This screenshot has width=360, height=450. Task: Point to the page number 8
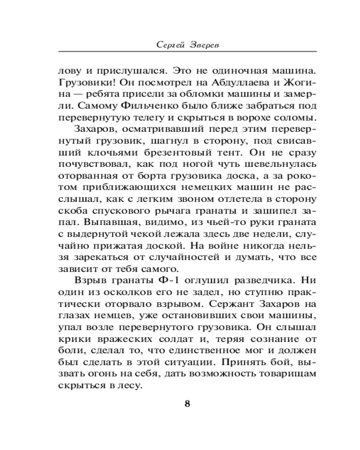(188, 403)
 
